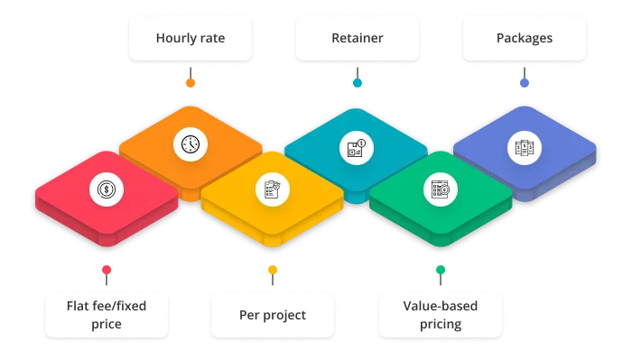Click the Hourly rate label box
coord(190,39)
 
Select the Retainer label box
coord(358,39)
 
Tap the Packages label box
coord(525,39)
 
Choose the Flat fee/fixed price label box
coord(107,315)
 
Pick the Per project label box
coord(273,315)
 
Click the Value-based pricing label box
coord(441,315)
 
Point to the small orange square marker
coord(190,83)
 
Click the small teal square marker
coord(358,83)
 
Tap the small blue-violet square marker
coord(525,83)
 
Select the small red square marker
coord(107,268)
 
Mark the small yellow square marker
coord(273,268)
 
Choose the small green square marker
coord(441,268)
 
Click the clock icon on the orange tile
coord(190,144)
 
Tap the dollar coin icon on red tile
coord(107,189)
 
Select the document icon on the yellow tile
coord(273,189)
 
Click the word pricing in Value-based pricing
coord(441,324)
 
